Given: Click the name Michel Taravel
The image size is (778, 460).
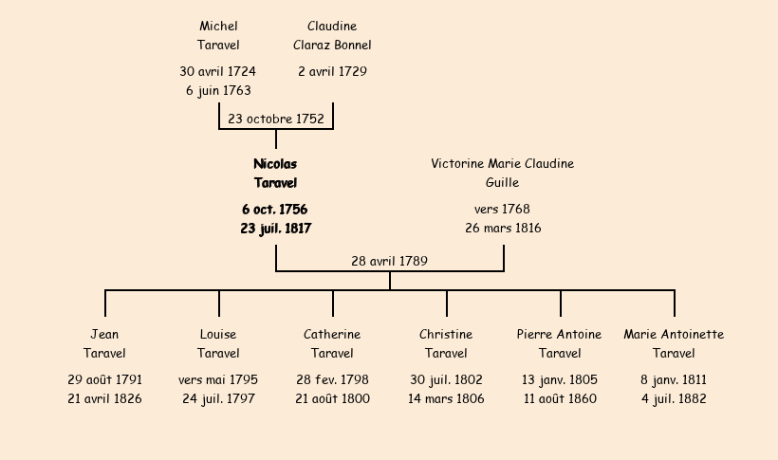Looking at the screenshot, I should (218, 35).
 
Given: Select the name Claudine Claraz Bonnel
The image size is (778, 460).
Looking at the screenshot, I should (332, 35).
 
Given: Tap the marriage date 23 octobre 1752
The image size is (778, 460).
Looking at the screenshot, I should (276, 120).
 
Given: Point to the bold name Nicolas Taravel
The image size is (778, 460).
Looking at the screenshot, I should (275, 174).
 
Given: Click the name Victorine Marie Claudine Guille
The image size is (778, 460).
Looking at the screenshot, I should (502, 174).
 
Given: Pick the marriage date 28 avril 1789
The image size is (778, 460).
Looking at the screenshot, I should (389, 261).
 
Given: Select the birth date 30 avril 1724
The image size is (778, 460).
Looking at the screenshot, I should (217, 71).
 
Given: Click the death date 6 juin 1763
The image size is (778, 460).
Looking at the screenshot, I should (218, 91).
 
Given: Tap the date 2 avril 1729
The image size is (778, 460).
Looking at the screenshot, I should (332, 71).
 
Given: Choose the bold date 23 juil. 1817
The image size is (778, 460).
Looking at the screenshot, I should (275, 229).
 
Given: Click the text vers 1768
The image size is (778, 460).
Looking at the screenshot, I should (502, 210).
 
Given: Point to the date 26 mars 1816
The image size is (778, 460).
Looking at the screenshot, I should (503, 229).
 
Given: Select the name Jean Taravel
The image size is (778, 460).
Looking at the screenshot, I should (104, 344).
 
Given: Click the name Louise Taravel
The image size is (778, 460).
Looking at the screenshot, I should (218, 344).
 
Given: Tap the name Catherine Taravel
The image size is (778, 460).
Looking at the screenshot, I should (332, 344).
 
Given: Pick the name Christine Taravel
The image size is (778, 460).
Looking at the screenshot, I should (446, 344).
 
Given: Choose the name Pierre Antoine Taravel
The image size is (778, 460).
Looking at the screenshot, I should (560, 344).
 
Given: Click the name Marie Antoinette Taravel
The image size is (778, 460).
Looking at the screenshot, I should (674, 344).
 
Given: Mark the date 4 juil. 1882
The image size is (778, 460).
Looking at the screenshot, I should (674, 399).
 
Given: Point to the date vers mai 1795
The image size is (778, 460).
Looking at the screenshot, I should (218, 380).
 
